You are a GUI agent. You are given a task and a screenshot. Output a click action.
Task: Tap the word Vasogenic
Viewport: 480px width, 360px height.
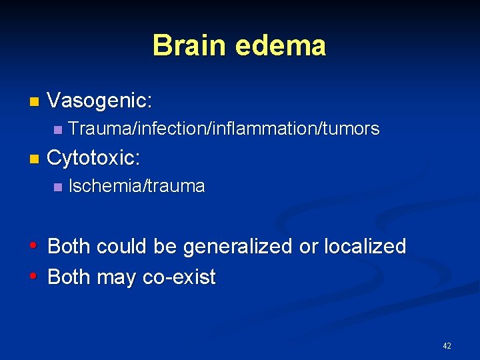100,101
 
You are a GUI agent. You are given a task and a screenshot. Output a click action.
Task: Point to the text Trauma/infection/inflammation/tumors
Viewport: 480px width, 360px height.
224,129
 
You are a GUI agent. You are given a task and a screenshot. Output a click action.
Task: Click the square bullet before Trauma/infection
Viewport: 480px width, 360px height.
57,129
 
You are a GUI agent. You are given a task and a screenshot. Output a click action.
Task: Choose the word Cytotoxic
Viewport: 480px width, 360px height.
93,158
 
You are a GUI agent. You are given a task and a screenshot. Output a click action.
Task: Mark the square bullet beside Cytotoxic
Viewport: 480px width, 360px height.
35,159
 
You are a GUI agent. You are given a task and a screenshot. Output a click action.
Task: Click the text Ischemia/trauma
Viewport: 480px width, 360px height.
137,186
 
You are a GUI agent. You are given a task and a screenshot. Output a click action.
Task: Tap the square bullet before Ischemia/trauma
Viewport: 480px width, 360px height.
57,187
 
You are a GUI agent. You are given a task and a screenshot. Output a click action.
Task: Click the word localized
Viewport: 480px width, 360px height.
365,247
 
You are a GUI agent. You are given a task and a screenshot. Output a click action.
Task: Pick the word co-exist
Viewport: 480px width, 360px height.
179,277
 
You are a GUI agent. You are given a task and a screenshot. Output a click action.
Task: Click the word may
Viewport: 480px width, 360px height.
116,277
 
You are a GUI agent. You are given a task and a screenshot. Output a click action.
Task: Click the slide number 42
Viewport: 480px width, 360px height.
447,346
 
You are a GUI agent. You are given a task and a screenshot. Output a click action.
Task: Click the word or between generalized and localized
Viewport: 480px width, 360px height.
309,247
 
